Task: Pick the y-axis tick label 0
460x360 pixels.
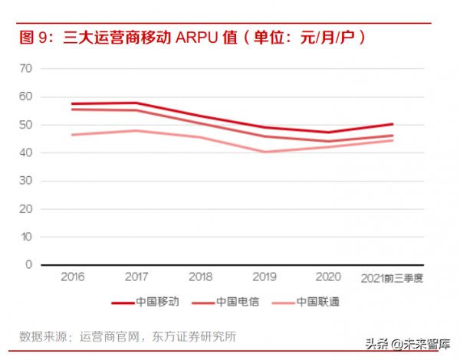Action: [x=28, y=265]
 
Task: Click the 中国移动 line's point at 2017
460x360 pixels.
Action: [x=136, y=103]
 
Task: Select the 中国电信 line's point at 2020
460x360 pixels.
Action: [x=329, y=141]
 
